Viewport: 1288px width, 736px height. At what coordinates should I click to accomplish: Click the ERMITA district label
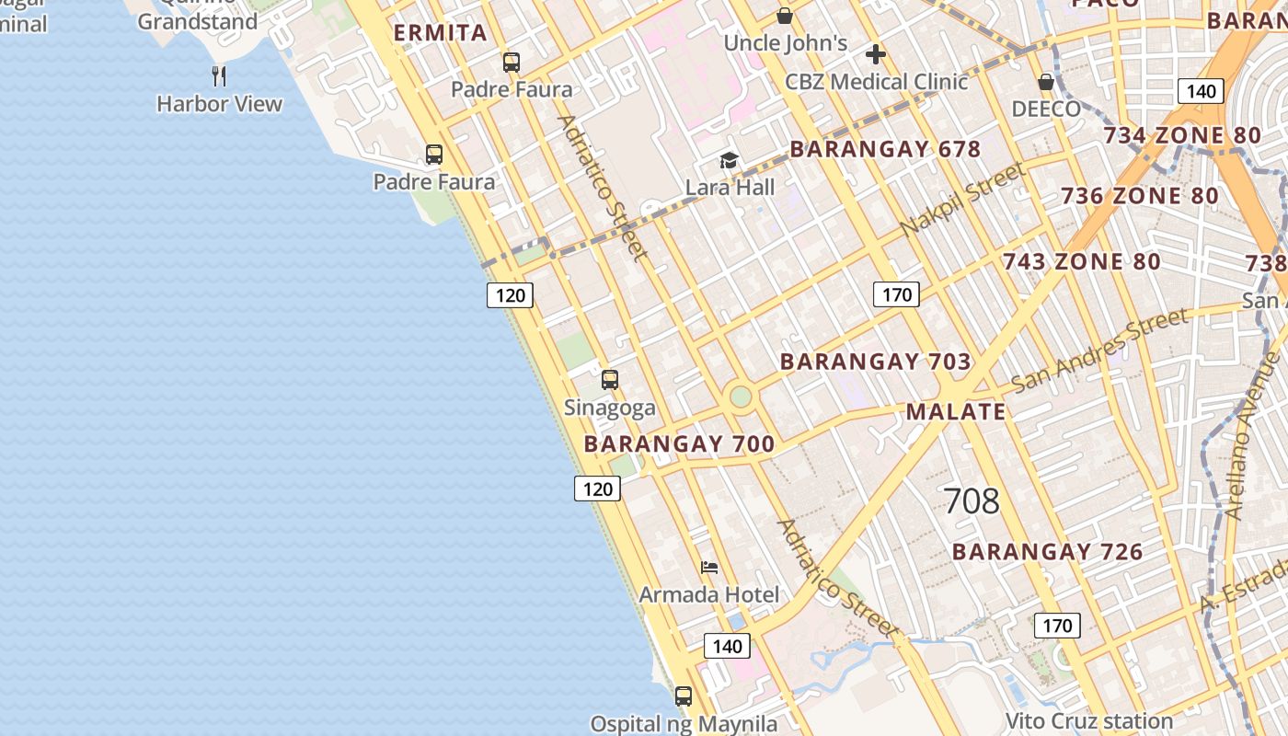pos(440,34)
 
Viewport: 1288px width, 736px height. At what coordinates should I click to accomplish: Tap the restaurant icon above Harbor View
pos(219,75)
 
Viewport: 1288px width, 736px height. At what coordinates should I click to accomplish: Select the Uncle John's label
pos(785,43)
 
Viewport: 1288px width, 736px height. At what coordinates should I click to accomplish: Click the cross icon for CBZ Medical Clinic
pos(875,53)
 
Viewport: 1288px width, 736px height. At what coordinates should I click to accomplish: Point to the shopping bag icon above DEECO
pos(1046,81)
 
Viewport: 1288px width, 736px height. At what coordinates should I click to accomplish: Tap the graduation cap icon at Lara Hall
pos(729,161)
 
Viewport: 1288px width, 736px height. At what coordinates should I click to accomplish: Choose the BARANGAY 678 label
pos(885,149)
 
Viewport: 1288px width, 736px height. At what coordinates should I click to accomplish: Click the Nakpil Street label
pos(962,200)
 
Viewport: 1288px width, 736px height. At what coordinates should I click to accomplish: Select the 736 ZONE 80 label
pos(1139,196)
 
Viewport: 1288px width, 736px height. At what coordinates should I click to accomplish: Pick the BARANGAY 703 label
pos(875,362)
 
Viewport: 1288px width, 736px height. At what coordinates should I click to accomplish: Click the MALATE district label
pos(956,411)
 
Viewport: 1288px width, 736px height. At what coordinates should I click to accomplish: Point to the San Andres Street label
pos(1099,350)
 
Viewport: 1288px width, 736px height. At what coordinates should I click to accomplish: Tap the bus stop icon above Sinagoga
pos(609,379)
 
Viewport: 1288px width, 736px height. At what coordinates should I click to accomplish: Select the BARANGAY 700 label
pos(679,444)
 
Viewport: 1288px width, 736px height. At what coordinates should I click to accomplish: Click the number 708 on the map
pos(972,501)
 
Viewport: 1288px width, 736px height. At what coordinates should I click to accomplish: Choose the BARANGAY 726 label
pos(1047,552)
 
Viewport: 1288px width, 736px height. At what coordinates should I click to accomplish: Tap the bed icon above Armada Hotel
pos(708,567)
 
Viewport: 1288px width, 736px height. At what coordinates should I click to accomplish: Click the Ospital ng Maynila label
pos(684,724)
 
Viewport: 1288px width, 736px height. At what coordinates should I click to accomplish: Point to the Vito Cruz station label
pos(1088,720)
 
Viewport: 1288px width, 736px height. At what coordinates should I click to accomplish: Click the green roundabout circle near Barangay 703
pos(741,397)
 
